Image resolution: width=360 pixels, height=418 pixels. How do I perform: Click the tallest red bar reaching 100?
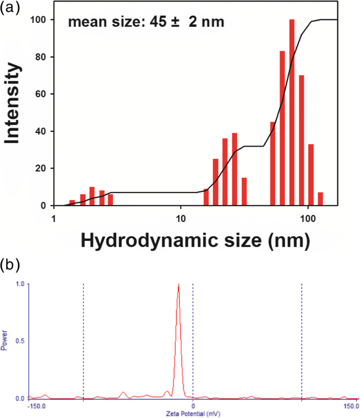click(x=292, y=113)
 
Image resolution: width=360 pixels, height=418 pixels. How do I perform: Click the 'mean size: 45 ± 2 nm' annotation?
click(x=146, y=23)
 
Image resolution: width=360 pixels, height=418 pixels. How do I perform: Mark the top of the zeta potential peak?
click(x=179, y=285)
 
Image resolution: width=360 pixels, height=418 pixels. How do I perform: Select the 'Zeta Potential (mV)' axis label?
click(x=192, y=414)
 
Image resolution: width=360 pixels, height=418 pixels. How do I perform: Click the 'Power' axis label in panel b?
click(x=5, y=341)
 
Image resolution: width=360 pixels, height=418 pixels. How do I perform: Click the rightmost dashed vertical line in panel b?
click(x=302, y=341)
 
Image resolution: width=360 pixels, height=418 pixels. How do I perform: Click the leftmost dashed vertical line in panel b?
click(x=84, y=341)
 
